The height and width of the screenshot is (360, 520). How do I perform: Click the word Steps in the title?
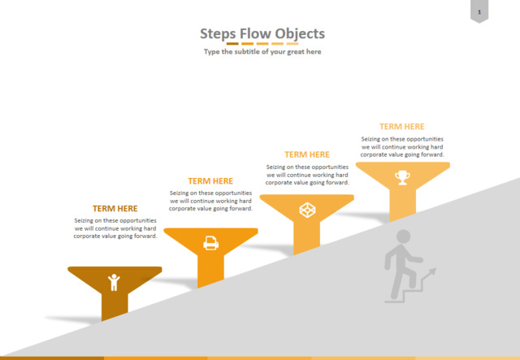(x=218, y=34)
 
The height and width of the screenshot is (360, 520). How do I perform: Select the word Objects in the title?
(x=300, y=33)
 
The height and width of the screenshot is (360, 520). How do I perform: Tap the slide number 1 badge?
(x=479, y=11)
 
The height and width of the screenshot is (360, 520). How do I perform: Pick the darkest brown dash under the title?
(x=232, y=43)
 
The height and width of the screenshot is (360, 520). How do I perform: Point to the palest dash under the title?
(x=292, y=43)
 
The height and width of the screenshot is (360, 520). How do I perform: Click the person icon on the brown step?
(x=114, y=282)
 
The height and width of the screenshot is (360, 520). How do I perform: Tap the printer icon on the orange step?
(x=211, y=243)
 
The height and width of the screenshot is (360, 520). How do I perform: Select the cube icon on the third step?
(x=307, y=210)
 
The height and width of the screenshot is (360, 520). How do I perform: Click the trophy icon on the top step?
(x=402, y=177)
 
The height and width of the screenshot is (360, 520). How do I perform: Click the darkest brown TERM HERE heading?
(x=115, y=208)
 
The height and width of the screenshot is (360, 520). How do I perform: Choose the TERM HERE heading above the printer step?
(x=210, y=181)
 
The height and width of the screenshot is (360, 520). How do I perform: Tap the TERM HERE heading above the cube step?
(x=307, y=154)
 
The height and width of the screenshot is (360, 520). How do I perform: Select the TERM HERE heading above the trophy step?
(x=402, y=127)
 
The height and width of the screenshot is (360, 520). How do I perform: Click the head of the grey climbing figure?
(x=404, y=236)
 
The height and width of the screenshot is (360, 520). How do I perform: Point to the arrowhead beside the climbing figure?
(x=432, y=271)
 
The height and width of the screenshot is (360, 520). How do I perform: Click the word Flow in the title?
(x=255, y=33)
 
